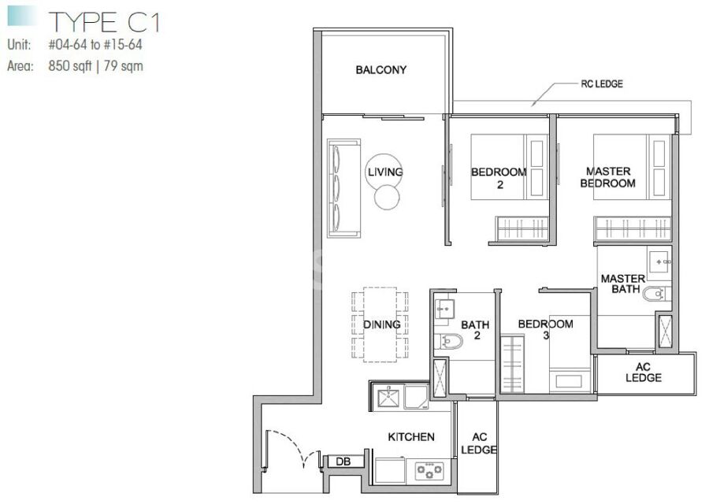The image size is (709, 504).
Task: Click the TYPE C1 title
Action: pyautogui.click(x=105, y=22)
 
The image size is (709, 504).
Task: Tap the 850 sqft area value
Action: pyautogui.click(x=69, y=66)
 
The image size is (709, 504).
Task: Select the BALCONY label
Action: pyautogui.click(x=380, y=69)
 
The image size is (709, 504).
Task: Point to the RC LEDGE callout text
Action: pyautogui.click(x=601, y=83)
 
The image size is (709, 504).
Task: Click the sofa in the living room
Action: pyautogui.click(x=343, y=188)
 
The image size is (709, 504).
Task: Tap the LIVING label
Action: pyautogui.click(x=384, y=172)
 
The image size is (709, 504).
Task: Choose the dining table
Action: pyautogui.click(x=380, y=324)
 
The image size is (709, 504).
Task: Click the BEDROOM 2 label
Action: pyautogui.click(x=499, y=178)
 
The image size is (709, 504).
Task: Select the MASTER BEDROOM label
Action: pyautogui.click(x=607, y=177)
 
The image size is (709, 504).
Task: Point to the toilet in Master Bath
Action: pyautogui.click(x=655, y=294)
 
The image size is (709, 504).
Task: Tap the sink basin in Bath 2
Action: pyautogui.click(x=444, y=309)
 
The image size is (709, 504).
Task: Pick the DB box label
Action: pyautogui.click(x=343, y=461)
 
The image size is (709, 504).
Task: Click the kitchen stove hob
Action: pyautogui.click(x=429, y=471)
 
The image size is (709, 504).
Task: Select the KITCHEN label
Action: pyautogui.click(x=411, y=436)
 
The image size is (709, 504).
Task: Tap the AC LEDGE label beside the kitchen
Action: pyautogui.click(x=479, y=443)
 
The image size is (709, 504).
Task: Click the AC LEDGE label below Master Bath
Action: pyautogui.click(x=643, y=372)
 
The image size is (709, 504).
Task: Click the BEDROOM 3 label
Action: pyautogui.click(x=546, y=329)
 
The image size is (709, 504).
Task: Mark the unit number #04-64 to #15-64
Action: pyautogui.click(x=95, y=44)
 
